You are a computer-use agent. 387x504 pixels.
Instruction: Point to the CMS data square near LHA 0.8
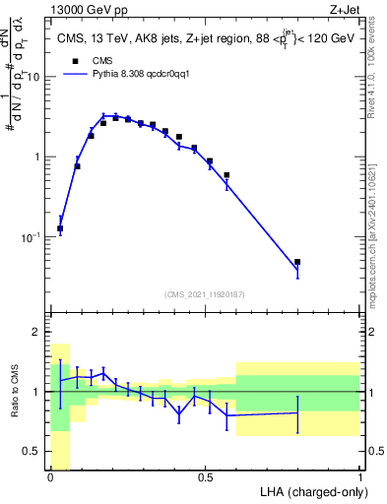297,262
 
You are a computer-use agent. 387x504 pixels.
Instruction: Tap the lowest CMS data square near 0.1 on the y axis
60,228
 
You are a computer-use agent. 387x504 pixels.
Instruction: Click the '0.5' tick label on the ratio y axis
34,452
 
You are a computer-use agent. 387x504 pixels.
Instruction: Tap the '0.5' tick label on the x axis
205,477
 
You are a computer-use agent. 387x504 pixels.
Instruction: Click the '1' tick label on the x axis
359,477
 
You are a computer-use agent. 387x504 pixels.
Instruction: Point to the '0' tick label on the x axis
50,477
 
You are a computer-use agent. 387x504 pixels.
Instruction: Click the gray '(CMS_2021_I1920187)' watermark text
205,293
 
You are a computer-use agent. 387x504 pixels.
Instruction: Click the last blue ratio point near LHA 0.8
297,412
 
